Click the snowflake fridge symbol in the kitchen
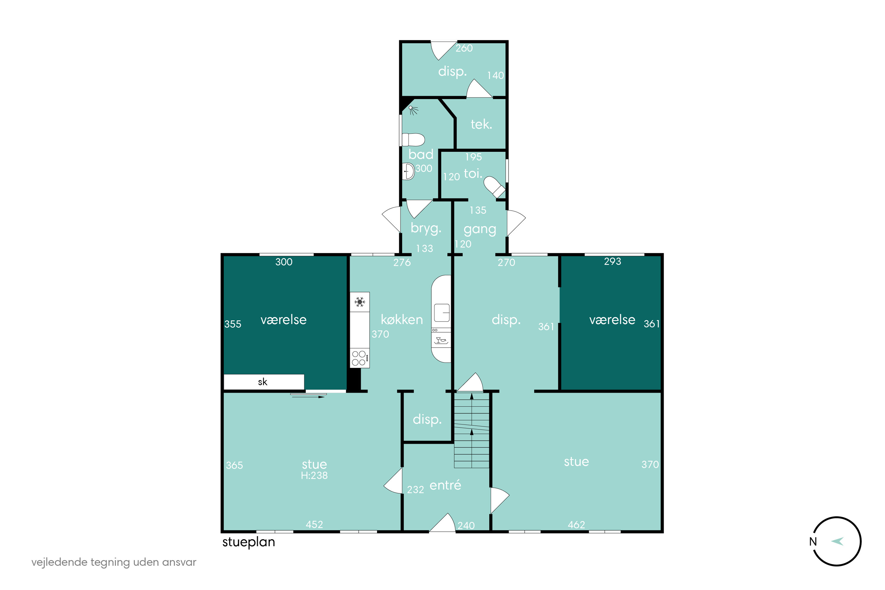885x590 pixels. pos(359,301)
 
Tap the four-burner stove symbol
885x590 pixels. pos(360,358)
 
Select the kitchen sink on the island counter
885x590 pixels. pos(442,313)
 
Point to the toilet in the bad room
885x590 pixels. pos(413,140)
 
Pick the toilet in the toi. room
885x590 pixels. pos(495,187)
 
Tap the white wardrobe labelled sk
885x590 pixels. pos(264,382)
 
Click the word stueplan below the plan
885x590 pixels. pos(249,542)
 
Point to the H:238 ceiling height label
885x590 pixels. pos(314,476)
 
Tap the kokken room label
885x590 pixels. pos(402,319)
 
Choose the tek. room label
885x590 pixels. pos(481,124)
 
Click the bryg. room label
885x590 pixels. pos(426,228)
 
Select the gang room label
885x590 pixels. pos(480,230)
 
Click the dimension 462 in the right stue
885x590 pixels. pos(576,525)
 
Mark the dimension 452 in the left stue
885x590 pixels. pos(314,525)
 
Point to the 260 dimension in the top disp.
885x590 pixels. pos(464,48)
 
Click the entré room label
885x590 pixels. pos(445,485)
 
